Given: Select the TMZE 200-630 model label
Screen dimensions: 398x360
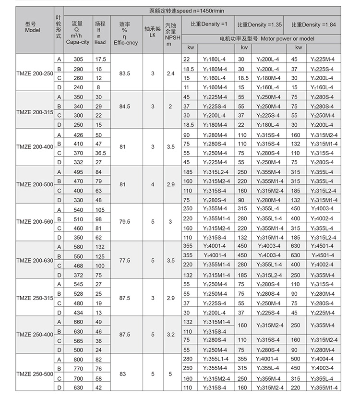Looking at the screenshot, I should tap(35, 260).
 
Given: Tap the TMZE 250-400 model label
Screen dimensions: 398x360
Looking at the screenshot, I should tap(35, 334).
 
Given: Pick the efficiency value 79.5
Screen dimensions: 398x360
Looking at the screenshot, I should tap(125, 223).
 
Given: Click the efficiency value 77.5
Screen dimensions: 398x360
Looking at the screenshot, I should tap(125, 260).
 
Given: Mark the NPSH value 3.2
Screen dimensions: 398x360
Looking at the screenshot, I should tap(170, 334).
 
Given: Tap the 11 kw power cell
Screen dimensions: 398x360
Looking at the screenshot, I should tap(187, 87).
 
